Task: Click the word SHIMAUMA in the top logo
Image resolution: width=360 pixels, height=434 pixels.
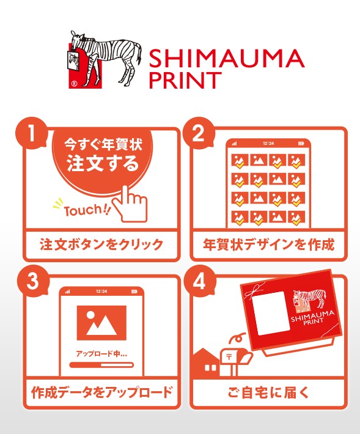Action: [x=227, y=58]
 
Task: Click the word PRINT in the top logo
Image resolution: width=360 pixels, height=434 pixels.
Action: [x=185, y=80]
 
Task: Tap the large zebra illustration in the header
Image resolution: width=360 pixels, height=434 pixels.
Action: [x=105, y=59]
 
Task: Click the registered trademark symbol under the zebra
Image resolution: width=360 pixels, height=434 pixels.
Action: [x=74, y=84]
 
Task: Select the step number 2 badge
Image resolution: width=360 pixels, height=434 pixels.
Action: [x=199, y=134]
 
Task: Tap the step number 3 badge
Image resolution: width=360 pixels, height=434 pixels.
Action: [x=32, y=281]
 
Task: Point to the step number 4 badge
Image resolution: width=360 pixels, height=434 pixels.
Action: [x=199, y=281]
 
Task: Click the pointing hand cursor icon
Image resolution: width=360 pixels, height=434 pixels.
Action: [x=130, y=204]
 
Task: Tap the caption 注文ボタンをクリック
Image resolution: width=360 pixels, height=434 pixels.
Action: [x=101, y=245]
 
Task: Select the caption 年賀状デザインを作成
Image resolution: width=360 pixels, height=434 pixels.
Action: [x=268, y=245]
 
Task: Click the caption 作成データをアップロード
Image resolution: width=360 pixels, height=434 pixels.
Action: [x=102, y=392]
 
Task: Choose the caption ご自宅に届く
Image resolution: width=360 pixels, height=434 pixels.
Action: [x=268, y=392]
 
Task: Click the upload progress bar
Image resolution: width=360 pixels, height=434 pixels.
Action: [x=101, y=365]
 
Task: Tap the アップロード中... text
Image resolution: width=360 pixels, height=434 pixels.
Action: [x=101, y=353]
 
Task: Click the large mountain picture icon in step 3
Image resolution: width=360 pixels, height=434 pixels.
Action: [x=101, y=323]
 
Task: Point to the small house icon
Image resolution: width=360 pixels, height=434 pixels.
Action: [x=205, y=362]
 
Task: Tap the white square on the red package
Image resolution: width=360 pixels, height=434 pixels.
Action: [x=271, y=313]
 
